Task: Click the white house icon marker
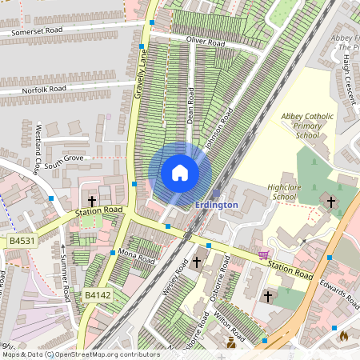tap(180, 172)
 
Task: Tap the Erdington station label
tap(216, 205)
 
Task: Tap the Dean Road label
tap(191, 103)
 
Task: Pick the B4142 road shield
tap(98, 295)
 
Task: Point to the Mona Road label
tap(136, 256)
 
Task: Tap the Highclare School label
tap(284, 191)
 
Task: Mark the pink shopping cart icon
tap(263, 254)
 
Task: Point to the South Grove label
tap(63, 163)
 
